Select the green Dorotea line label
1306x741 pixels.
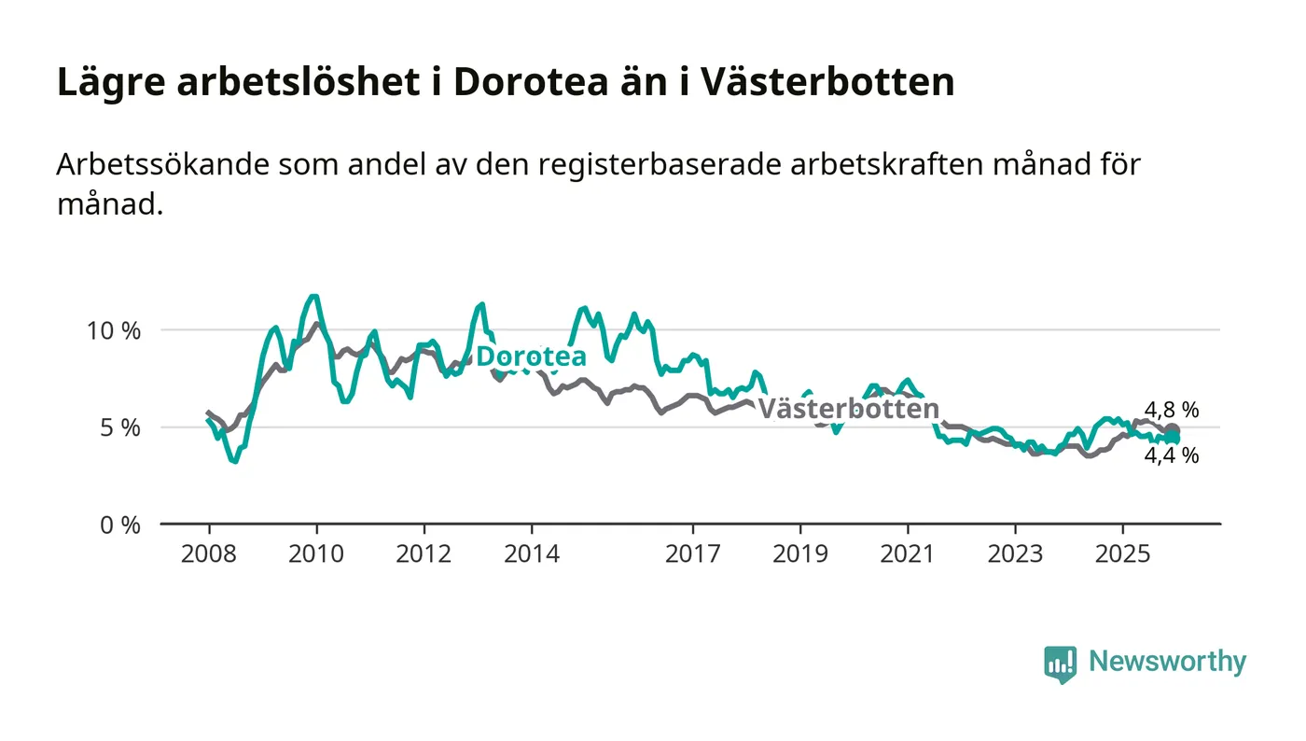[531, 357]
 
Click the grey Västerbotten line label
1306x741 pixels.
[847, 409]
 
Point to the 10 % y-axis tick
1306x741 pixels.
[115, 330]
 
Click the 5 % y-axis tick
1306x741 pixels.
[120, 427]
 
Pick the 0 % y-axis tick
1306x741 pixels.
[120, 524]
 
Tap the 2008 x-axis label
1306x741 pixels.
[209, 553]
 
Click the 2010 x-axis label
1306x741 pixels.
[316, 553]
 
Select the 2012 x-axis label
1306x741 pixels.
[424, 553]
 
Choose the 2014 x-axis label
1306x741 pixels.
[531, 553]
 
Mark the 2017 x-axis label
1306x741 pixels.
[692, 553]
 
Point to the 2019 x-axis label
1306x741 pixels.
[799, 553]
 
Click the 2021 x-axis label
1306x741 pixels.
[908, 553]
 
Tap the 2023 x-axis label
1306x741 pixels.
[1015, 553]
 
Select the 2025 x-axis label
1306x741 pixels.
[1123, 553]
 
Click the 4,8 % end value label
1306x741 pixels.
[1172, 410]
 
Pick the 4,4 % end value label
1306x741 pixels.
[1172, 456]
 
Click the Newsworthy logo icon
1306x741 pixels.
[1060, 664]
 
